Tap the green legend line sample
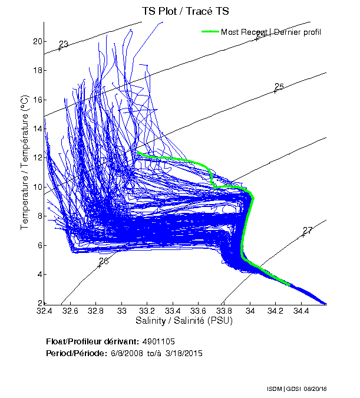click(x=210, y=32)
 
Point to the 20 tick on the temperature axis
click(x=37, y=41)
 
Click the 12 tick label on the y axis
click(x=37, y=157)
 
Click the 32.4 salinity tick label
click(x=45, y=311)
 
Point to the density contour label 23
click(x=64, y=44)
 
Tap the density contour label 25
click(x=279, y=87)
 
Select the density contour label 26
click(x=104, y=261)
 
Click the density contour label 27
click(x=308, y=231)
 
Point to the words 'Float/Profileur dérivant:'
click(x=92, y=341)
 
